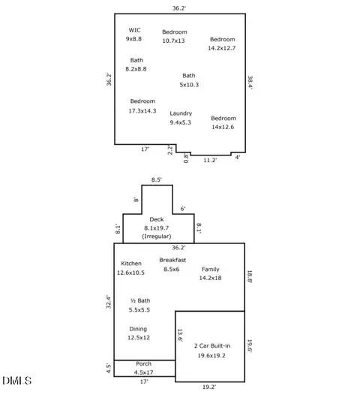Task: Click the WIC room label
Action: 134,30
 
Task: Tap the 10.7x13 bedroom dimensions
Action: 174,41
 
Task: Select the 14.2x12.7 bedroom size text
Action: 222,48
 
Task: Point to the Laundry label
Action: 181,113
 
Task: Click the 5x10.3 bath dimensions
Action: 189,85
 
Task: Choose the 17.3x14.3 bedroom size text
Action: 142,111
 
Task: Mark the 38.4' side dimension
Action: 250,83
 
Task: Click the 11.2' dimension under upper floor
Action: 210,160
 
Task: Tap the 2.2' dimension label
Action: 170,149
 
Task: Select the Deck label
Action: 157,219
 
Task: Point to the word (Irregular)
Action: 157,237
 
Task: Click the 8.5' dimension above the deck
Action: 157,179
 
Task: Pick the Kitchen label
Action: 131,264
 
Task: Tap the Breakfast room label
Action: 172,260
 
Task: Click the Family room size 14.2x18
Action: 211,278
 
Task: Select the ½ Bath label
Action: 140,301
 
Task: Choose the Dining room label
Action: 138,329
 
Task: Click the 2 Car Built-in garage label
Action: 212,345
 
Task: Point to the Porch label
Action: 144,363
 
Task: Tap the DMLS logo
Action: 17,381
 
